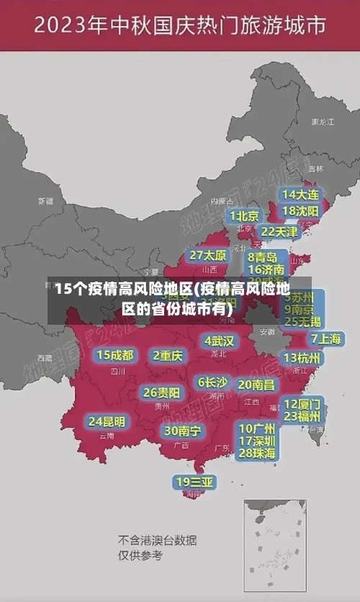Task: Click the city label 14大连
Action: click(300, 194)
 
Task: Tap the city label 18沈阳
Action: click(300, 211)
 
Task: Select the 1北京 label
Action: click(244, 216)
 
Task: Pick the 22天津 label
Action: click(279, 232)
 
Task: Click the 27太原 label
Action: click(208, 256)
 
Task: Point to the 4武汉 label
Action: click(219, 341)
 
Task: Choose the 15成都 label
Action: click(115, 355)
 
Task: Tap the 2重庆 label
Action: click(168, 356)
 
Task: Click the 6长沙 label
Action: click(212, 382)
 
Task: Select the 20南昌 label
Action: click(256, 385)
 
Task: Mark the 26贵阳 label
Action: click(161, 392)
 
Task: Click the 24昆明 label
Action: click(107, 421)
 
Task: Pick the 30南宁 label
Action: click(182, 431)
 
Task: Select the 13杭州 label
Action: click(302, 358)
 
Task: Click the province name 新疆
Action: click(45, 201)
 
